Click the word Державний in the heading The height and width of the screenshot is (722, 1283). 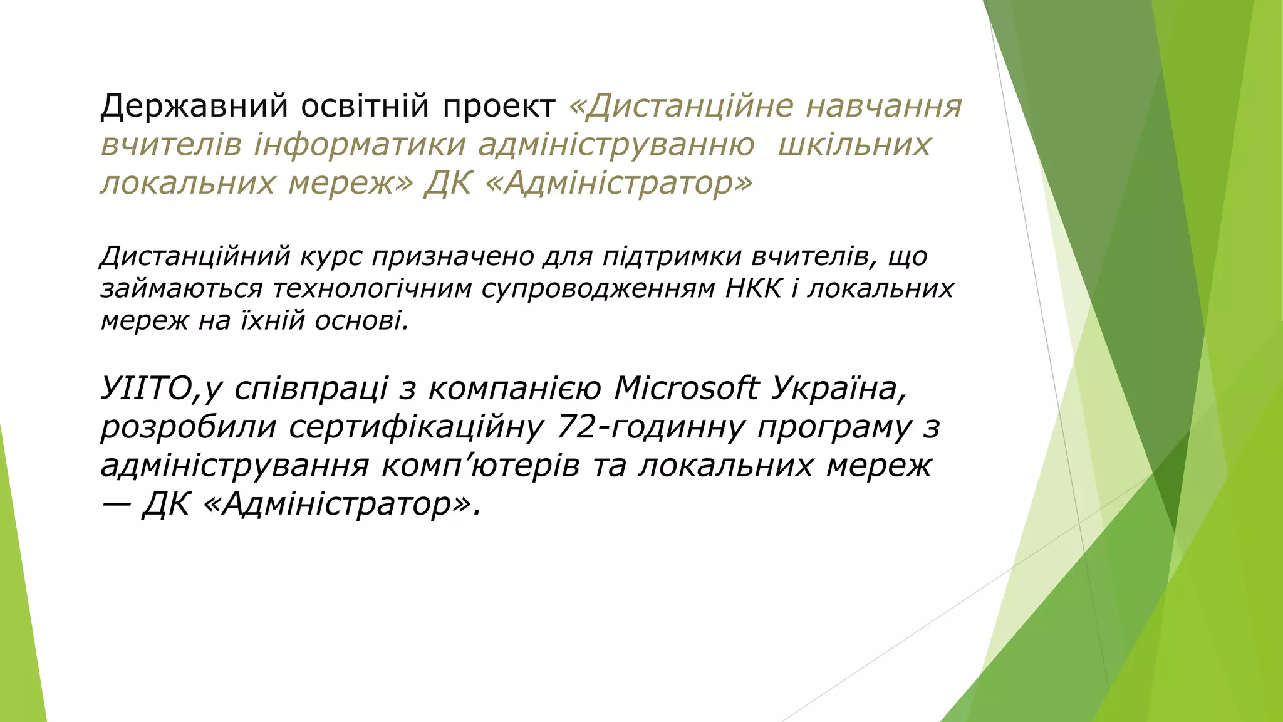click(194, 106)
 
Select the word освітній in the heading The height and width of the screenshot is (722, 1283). click(366, 106)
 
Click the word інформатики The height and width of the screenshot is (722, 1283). click(360, 145)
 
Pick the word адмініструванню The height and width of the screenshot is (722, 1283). click(616, 145)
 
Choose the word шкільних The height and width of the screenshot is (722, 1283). click(854, 145)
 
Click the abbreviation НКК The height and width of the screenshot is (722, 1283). click(754, 288)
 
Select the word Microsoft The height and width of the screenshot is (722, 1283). click(687, 389)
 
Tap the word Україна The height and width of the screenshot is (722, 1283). click(837, 389)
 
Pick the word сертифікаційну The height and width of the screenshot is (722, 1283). click(416, 427)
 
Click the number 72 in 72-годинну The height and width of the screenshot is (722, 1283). click(574, 427)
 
